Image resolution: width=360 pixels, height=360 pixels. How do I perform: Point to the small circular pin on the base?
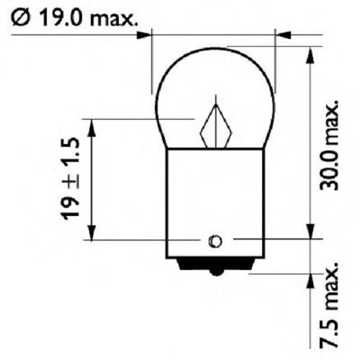[x=215, y=240]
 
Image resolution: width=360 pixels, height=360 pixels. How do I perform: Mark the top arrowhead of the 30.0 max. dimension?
[x=310, y=52]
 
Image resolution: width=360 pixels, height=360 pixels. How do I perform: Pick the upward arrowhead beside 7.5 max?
[x=310, y=280]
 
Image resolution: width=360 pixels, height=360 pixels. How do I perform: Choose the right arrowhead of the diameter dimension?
[x=283, y=33]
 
